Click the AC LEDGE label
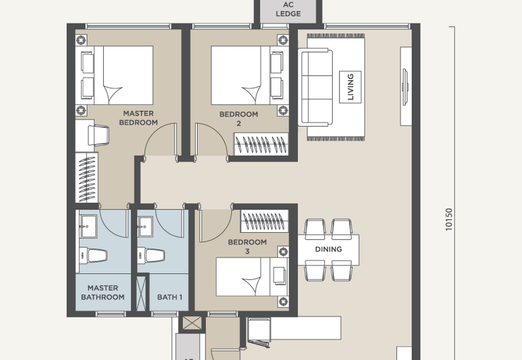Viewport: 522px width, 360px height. (x=288, y=9)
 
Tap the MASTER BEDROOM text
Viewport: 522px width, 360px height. (x=138, y=118)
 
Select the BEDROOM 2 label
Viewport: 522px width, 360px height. (x=239, y=119)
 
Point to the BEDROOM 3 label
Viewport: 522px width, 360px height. (x=247, y=247)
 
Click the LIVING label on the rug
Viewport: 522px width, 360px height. (x=350, y=87)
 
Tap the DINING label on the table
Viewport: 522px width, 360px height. (x=328, y=249)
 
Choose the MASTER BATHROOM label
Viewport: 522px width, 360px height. (x=103, y=292)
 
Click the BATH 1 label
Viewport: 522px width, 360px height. (x=170, y=297)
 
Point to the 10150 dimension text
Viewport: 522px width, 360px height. (x=449, y=219)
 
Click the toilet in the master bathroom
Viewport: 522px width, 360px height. (x=93, y=255)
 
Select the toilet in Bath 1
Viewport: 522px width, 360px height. (x=151, y=256)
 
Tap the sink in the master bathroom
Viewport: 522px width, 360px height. (x=88, y=226)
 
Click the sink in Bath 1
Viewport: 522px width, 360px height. (x=146, y=226)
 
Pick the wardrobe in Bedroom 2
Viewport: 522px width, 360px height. (x=261, y=144)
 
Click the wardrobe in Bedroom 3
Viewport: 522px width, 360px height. (x=264, y=221)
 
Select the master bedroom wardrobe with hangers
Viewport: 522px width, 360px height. (x=87, y=177)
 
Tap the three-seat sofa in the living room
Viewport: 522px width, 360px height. (x=315, y=87)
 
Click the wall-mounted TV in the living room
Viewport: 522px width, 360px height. (x=405, y=87)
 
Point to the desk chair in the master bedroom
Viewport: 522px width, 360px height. (x=99, y=135)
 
